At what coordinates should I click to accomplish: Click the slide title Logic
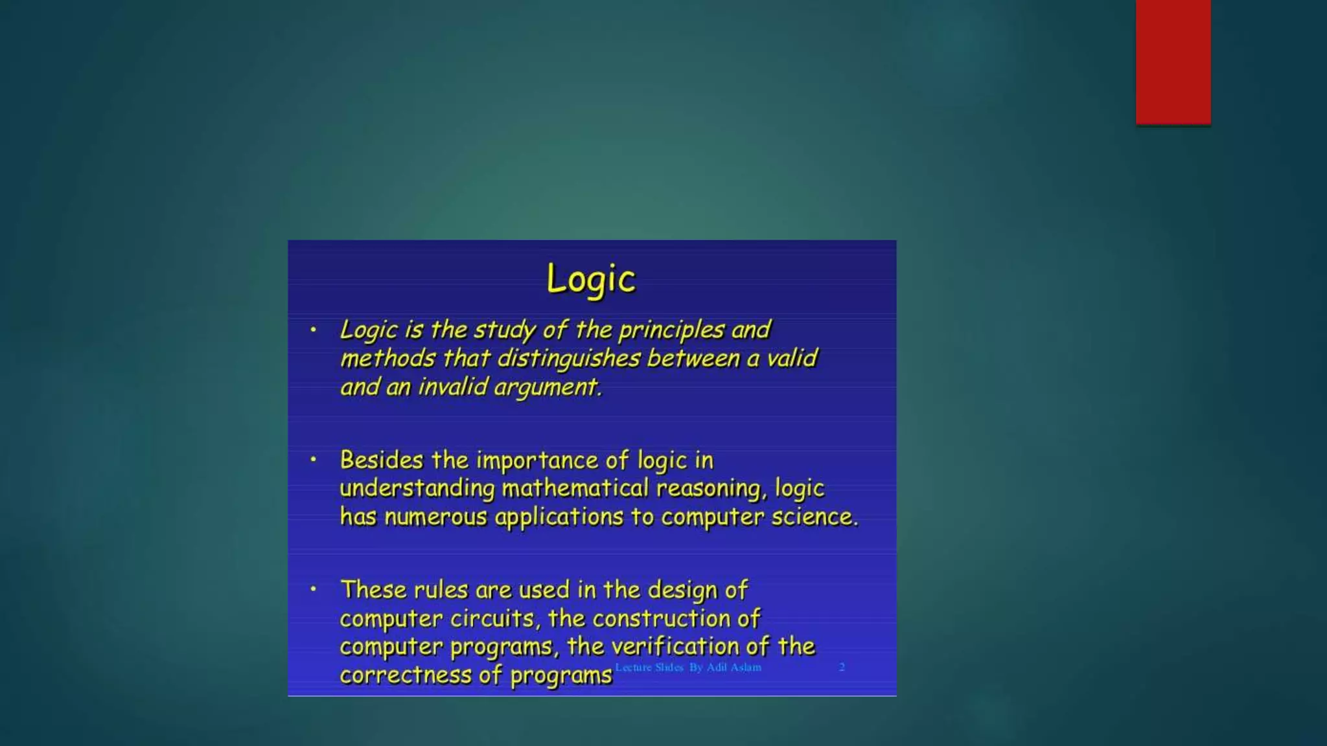tap(591, 280)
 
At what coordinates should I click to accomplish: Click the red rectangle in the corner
tap(1173, 62)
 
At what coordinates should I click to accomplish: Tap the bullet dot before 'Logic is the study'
tap(314, 330)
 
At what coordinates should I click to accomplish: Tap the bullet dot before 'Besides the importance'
tap(314, 460)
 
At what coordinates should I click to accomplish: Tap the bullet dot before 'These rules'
tap(314, 589)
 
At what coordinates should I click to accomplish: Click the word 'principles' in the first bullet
tap(671, 330)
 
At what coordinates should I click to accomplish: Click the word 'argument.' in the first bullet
tap(548, 388)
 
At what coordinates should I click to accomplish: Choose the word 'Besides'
tap(382, 460)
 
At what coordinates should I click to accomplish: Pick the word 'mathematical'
tap(575, 488)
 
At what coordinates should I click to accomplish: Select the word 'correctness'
tap(406, 675)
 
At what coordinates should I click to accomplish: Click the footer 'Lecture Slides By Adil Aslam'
tap(688, 667)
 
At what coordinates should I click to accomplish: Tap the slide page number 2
tap(842, 667)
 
